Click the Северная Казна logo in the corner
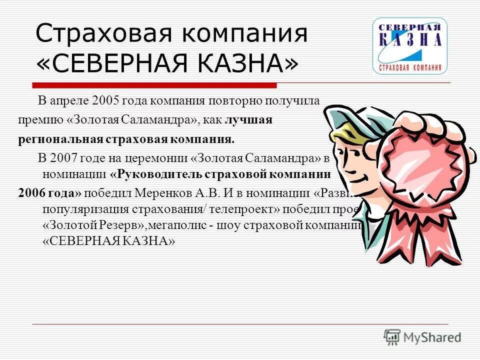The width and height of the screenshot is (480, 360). click(409, 46)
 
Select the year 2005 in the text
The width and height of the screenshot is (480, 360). click(103, 100)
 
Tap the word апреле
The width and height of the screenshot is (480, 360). click(69, 100)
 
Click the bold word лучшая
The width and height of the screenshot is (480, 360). click(248, 120)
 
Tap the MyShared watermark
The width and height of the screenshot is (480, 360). click(422, 336)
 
